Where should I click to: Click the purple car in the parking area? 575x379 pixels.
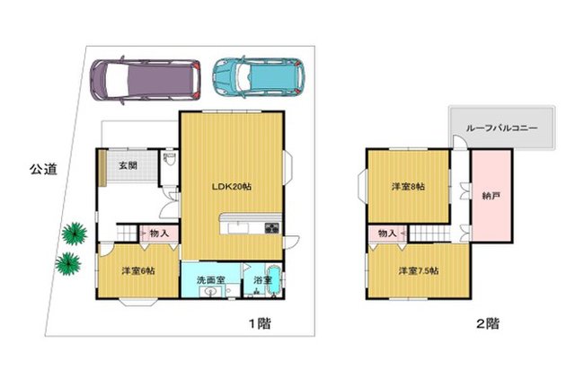[x=146, y=80]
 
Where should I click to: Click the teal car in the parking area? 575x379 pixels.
[x=259, y=77]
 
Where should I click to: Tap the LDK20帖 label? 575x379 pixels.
[x=232, y=187]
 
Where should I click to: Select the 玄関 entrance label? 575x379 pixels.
[x=128, y=165]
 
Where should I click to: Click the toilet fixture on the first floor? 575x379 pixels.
[x=170, y=159]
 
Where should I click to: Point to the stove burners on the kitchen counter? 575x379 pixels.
[x=271, y=228]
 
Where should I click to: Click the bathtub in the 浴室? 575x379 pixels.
[x=274, y=280]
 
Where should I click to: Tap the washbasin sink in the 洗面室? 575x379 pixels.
[x=210, y=292]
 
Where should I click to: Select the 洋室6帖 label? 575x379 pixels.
[x=138, y=271]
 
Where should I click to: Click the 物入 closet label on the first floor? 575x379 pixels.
[x=159, y=233]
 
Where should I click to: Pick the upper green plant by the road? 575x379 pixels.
[x=75, y=234]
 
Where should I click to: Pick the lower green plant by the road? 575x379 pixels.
[x=68, y=263]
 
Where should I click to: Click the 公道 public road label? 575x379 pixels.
[x=43, y=170]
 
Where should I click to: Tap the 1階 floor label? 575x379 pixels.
[x=261, y=323]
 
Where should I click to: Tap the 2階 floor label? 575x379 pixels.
[x=487, y=323]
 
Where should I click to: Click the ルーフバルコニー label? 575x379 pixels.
[x=501, y=128]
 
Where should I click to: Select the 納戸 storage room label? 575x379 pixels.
[x=491, y=196]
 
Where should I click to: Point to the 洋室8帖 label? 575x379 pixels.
[x=408, y=187]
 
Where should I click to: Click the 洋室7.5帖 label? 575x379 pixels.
[x=419, y=271]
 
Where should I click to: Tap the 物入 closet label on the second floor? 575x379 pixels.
[x=387, y=234]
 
